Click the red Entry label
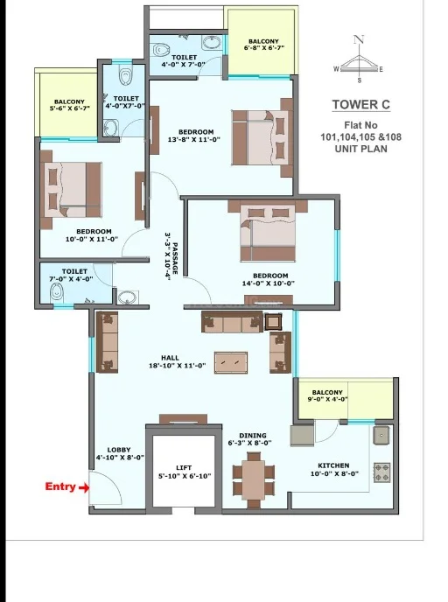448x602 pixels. (x=59, y=486)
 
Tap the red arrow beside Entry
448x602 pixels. (x=84, y=488)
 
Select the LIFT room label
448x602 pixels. (x=184, y=467)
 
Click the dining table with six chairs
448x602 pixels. (x=254, y=479)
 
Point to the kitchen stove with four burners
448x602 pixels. (x=382, y=472)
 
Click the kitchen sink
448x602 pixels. (x=381, y=436)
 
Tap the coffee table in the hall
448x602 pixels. (x=231, y=362)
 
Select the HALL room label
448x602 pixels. (x=170, y=358)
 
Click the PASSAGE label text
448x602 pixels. (x=175, y=258)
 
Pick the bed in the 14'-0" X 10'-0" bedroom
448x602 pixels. (x=268, y=233)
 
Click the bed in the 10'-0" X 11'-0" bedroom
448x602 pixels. (x=73, y=191)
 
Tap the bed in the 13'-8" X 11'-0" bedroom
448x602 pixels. (x=260, y=138)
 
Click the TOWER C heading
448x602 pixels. (x=360, y=104)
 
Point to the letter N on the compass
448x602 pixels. (x=359, y=39)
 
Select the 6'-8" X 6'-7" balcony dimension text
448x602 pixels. (x=263, y=48)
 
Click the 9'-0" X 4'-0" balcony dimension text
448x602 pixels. (x=327, y=399)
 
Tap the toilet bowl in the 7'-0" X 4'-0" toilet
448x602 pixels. (x=56, y=292)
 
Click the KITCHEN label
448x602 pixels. (x=333, y=465)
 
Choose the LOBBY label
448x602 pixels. (x=119, y=450)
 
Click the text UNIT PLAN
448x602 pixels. (x=360, y=149)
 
